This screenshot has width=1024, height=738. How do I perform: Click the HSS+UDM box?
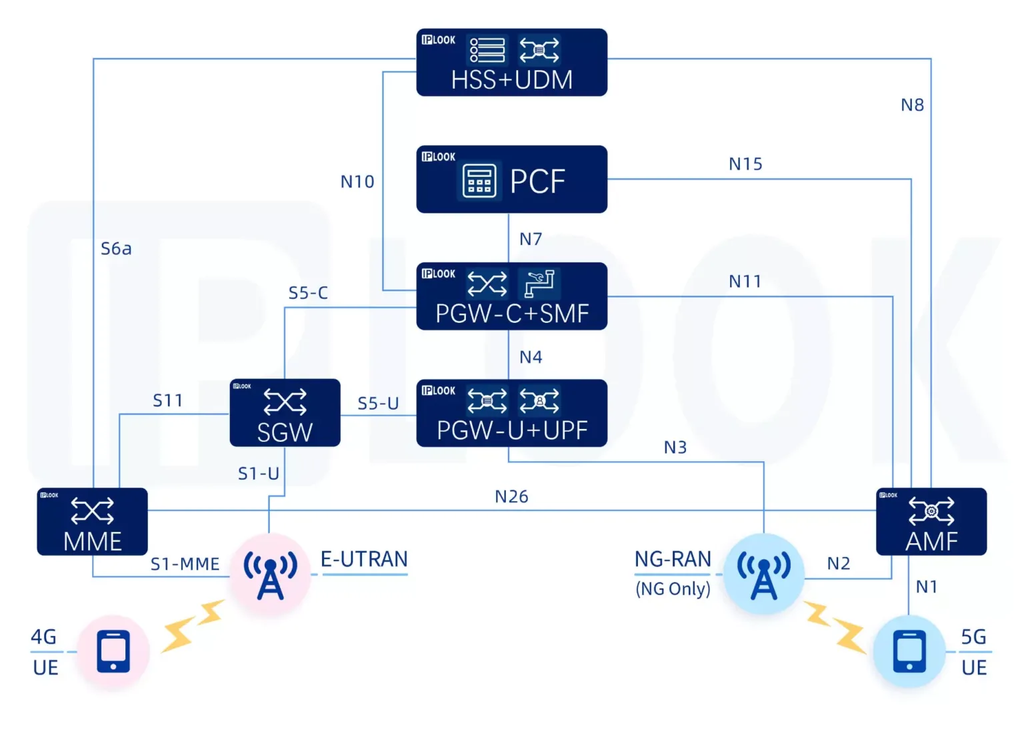511,62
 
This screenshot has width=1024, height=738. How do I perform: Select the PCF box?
511,179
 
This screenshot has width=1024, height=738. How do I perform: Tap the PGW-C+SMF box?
511,296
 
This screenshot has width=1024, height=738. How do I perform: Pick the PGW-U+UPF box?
511,413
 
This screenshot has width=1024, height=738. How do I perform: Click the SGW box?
285,413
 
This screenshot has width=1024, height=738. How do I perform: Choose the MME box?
92,522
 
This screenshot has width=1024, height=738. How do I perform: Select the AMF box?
931,522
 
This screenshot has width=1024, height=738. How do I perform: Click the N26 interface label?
511,496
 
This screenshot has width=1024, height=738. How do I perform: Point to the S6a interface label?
116,249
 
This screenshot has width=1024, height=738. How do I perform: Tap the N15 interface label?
745,164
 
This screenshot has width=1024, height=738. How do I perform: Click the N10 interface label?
357,181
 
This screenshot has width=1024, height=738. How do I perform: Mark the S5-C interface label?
308,293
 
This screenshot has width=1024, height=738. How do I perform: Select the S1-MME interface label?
185,565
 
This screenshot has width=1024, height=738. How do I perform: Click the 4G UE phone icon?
113,651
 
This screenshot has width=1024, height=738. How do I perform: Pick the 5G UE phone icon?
909,651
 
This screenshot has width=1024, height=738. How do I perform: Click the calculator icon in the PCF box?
479,181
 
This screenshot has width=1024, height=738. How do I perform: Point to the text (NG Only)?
673,589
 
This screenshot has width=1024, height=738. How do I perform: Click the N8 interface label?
912,105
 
